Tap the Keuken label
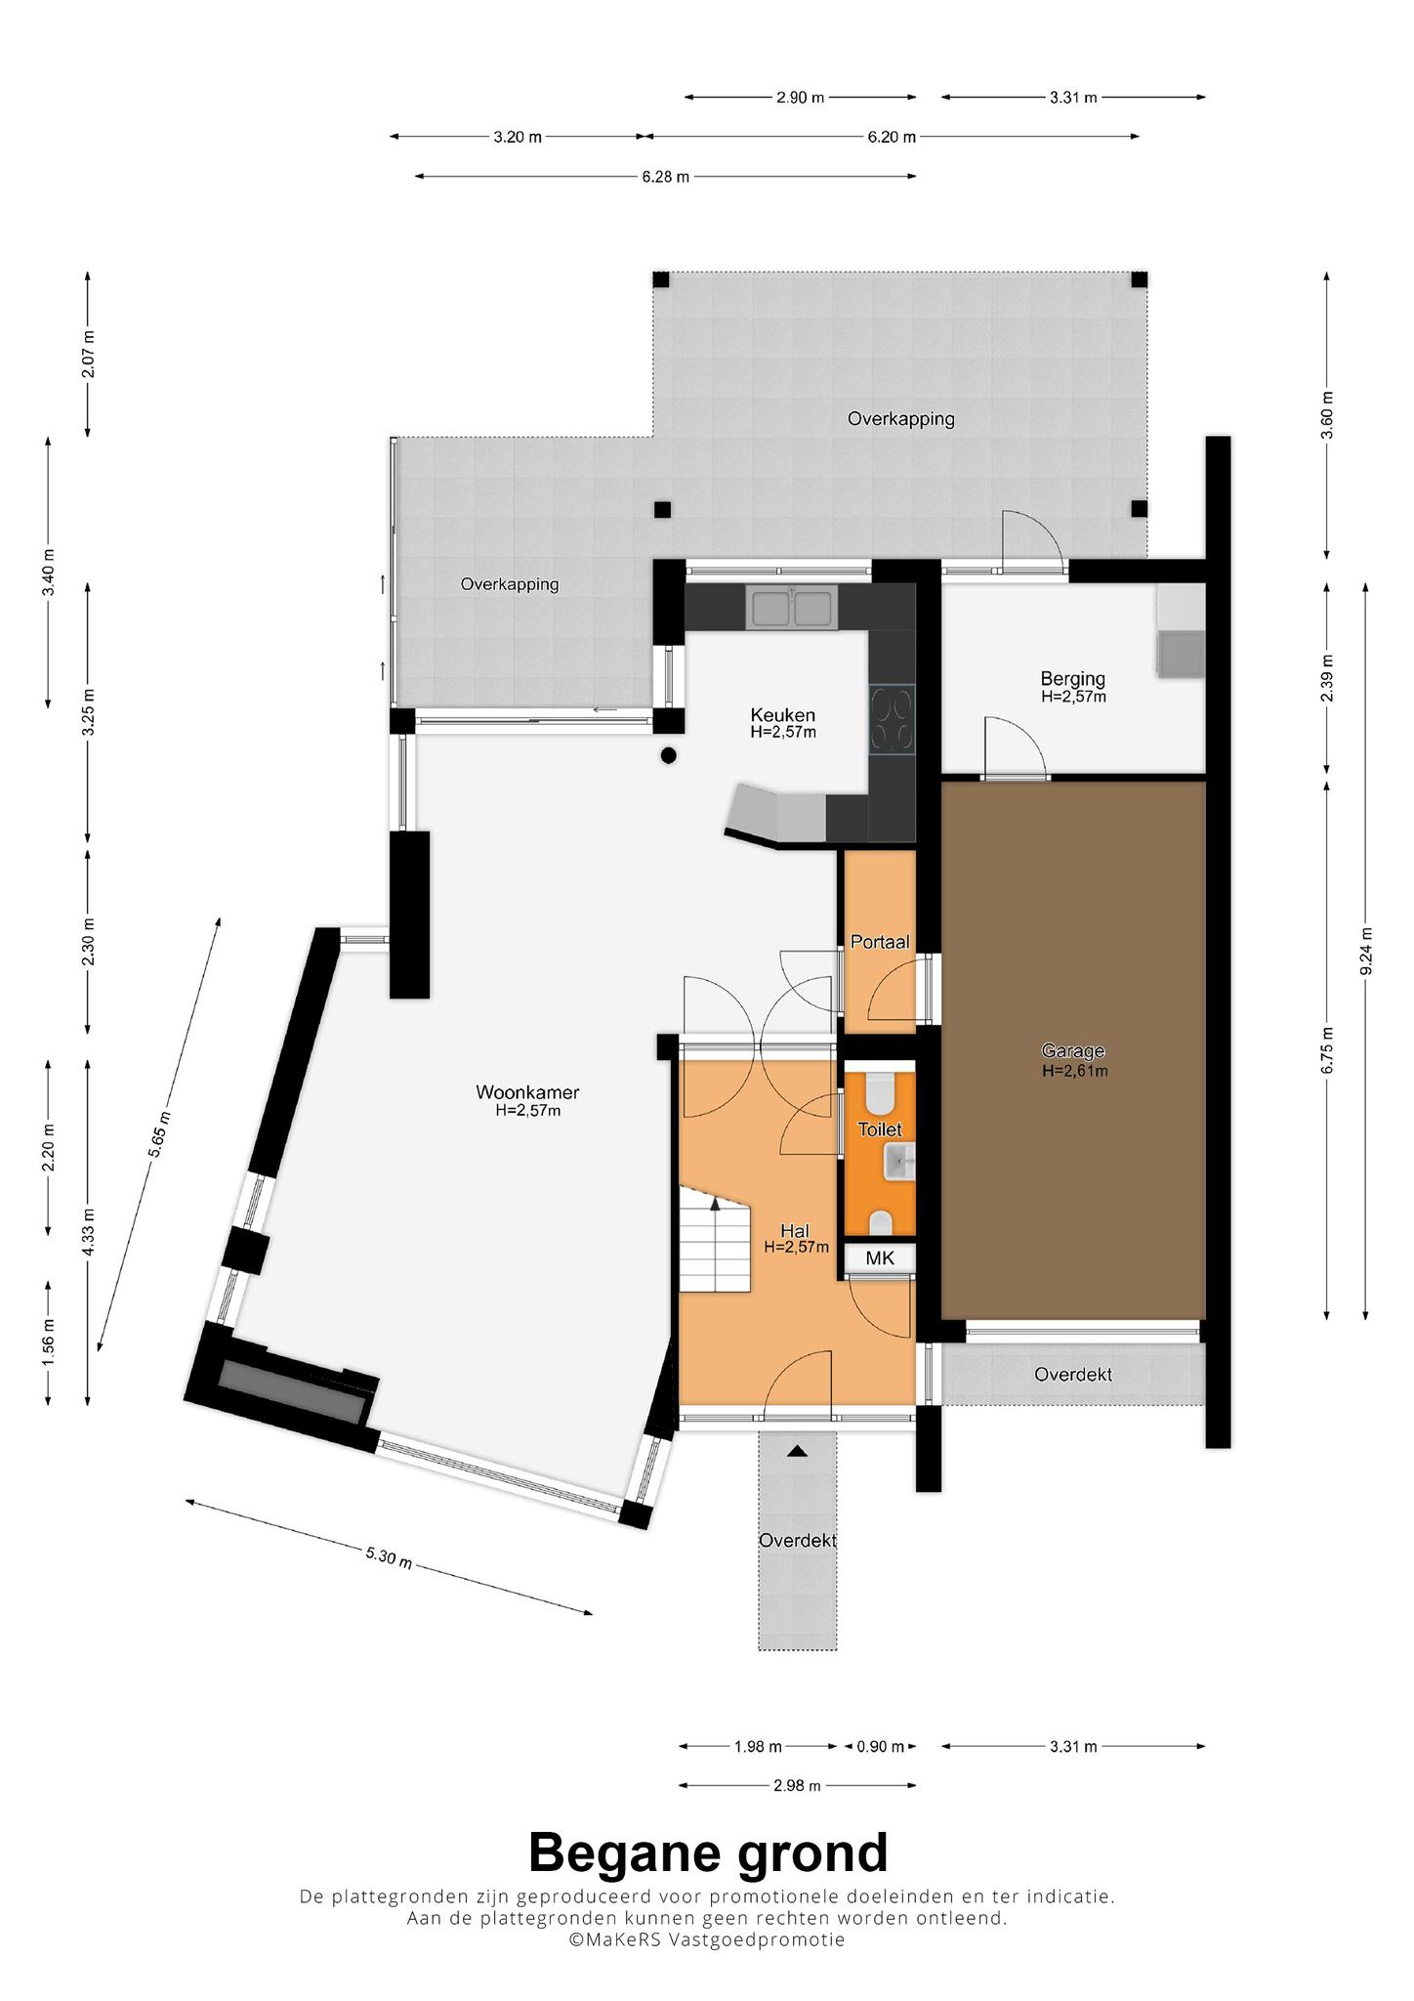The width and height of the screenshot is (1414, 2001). (782, 714)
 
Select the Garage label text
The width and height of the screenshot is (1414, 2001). (1073, 1050)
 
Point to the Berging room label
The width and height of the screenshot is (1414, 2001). (1073, 678)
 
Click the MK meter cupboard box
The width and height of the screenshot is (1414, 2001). (880, 1258)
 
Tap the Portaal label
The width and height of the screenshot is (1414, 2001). (880, 942)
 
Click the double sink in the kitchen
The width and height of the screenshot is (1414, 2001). (791, 606)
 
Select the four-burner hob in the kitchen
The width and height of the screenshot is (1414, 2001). (893, 719)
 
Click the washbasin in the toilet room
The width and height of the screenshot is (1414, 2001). (899, 1162)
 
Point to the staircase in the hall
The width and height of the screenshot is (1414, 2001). (715, 1239)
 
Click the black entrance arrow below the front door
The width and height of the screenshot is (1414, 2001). (798, 1451)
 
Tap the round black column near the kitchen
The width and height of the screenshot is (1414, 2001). (669, 754)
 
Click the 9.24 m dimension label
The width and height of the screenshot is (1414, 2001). (1366, 950)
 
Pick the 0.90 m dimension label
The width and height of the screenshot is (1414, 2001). (880, 1746)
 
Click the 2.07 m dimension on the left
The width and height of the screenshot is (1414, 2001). (89, 355)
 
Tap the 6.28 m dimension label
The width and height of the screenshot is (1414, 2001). (666, 177)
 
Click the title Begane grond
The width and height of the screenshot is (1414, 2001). (708, 1852)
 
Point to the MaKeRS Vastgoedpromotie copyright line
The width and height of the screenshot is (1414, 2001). (708, 1939)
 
